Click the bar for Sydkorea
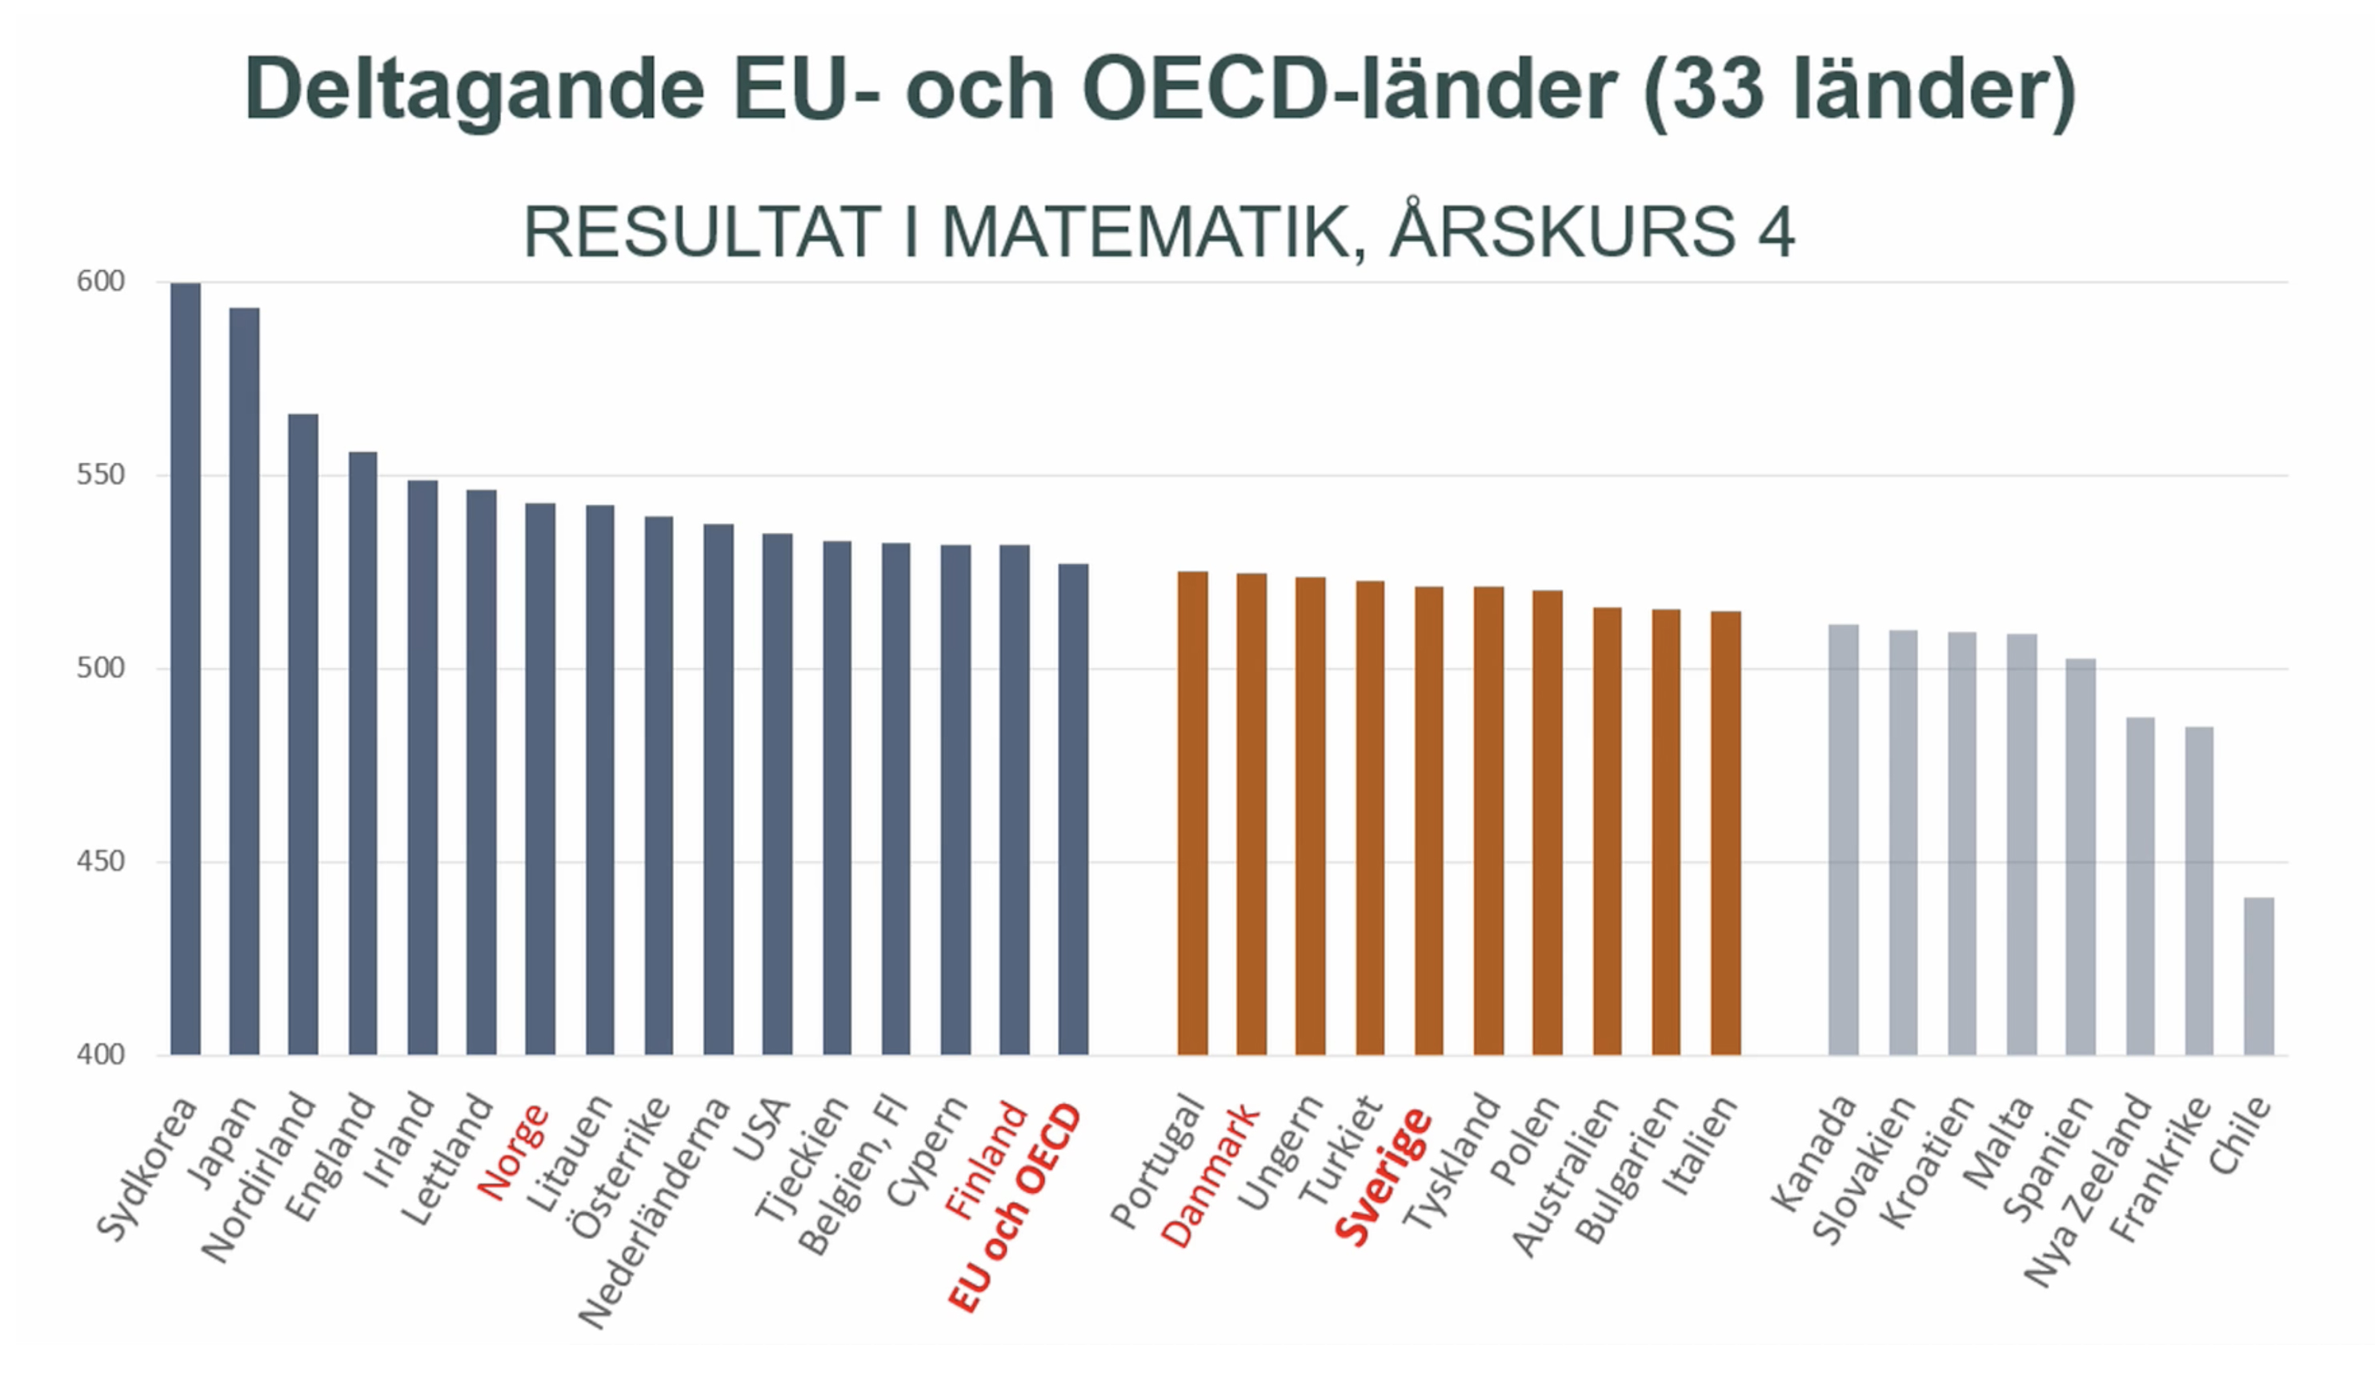tap(186, 669)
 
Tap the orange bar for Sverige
tap(1429, 820)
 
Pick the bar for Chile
tap(2259, 975)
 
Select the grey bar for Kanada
tap(1844, 838)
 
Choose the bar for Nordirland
tap(303, 734)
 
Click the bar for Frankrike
tap(2199, 890)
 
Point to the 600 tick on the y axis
tap(100, 281)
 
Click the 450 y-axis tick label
tap(100, 861)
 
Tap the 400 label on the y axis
tap(100, 1054)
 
